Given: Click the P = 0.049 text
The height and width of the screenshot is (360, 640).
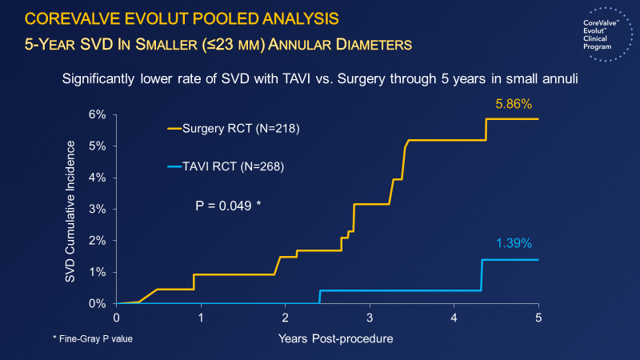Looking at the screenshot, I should click(229, 206).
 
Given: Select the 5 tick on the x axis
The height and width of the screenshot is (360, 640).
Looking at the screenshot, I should click(538, 318).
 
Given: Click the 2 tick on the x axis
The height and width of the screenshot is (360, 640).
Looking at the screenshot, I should click(286, 318).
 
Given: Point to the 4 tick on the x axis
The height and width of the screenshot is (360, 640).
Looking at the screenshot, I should click(454, 318).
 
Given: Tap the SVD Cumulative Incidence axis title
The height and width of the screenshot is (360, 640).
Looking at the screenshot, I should click(72, 209).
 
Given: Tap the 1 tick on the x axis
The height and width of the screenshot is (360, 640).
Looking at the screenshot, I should click(201, 318).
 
